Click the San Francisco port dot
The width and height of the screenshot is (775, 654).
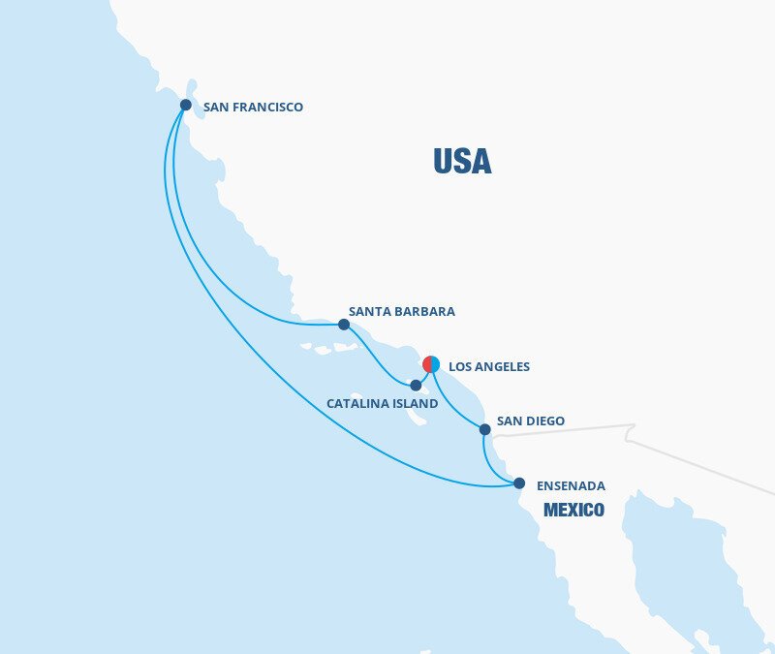(x=186, y=105)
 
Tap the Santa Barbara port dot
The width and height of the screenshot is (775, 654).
(x=344, y=325)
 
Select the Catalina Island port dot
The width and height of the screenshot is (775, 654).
(x=417, y=385)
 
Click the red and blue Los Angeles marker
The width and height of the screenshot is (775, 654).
(x=431, y=364)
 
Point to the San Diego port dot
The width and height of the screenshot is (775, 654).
(x=485, y=429)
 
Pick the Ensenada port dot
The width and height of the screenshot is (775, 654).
(x=519, y=483)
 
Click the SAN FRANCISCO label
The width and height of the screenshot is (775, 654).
(x=253, y=108)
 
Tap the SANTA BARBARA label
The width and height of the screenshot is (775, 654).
(x=401, y=312)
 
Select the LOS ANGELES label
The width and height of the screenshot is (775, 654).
(x=489, y=367)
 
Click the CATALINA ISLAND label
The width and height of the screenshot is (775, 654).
(x=382, y=403)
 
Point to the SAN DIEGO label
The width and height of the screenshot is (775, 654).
(x=530, y=421)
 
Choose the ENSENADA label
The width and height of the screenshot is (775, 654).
(x=572, y=485)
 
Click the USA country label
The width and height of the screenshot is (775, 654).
(x=462, y=161)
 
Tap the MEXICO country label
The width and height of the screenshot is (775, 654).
(x=573, y=510)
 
